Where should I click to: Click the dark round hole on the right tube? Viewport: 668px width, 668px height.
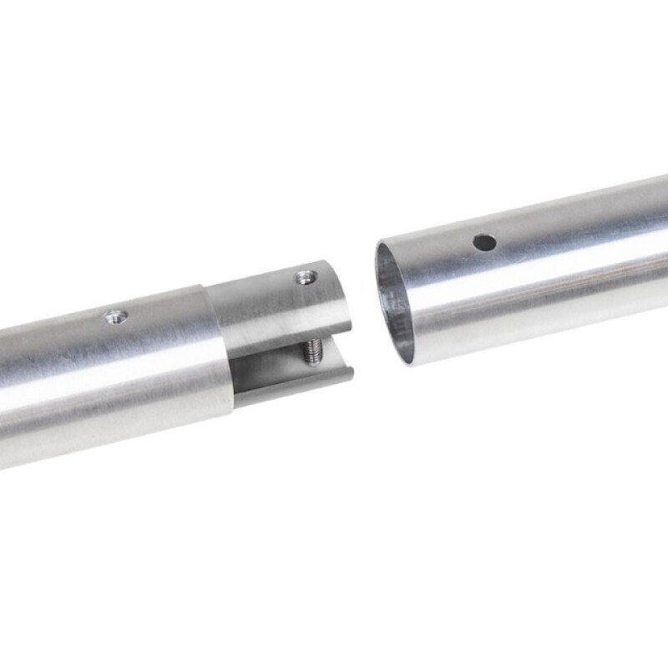(484, 243)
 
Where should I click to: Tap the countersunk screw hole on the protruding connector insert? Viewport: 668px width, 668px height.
(306, 276)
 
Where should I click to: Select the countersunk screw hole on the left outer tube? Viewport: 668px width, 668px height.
(114, 316)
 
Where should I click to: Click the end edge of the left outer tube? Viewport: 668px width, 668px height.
(219, 351)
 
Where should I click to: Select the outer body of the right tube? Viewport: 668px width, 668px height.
(543, 267)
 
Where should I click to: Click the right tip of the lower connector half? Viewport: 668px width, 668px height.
(351, 374)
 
